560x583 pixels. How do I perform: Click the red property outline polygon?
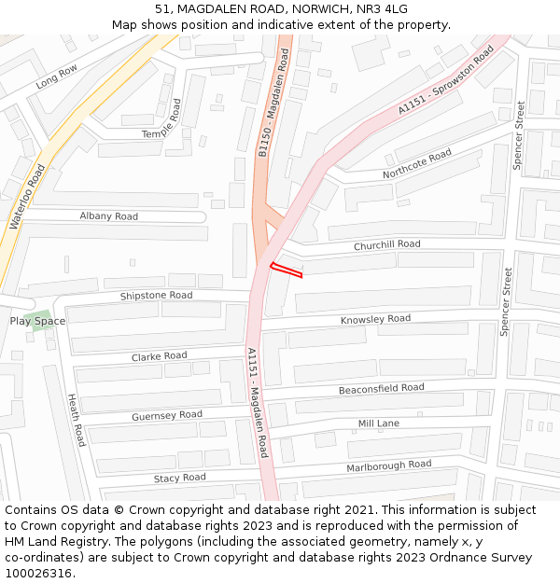click(x=287, y=271)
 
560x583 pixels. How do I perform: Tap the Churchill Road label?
click(x=386, y=245)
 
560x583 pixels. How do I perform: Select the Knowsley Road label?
click(x=375, y=320)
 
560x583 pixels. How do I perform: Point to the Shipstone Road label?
click(x=156, y=296)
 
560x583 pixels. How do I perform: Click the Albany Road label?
click(x=108, y=216)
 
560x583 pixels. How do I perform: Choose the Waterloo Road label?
click(x=27, y=197)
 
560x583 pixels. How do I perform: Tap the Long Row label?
click(x=57, y=77)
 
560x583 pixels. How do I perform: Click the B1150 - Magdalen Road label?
click(x=273, y=104)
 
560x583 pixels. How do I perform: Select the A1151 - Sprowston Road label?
click(x=445, y=81)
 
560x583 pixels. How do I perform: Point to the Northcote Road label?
click(x=416, y=164)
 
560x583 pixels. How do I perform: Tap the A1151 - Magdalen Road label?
click(x=258, y=402)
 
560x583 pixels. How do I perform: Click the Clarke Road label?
click(x=159, y=356)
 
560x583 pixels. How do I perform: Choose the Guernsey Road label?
click(x=166, y=415)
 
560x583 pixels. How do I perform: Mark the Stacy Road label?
click(x=179, y=478)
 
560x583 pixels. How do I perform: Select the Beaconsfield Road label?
click(x=381, y=388)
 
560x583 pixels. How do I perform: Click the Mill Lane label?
click(x=379, y=423)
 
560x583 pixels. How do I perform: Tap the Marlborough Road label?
click(x=388, y=465)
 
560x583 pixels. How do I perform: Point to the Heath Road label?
click(x=77, y=420)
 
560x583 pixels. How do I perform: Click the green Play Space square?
click(x=42, y=321)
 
